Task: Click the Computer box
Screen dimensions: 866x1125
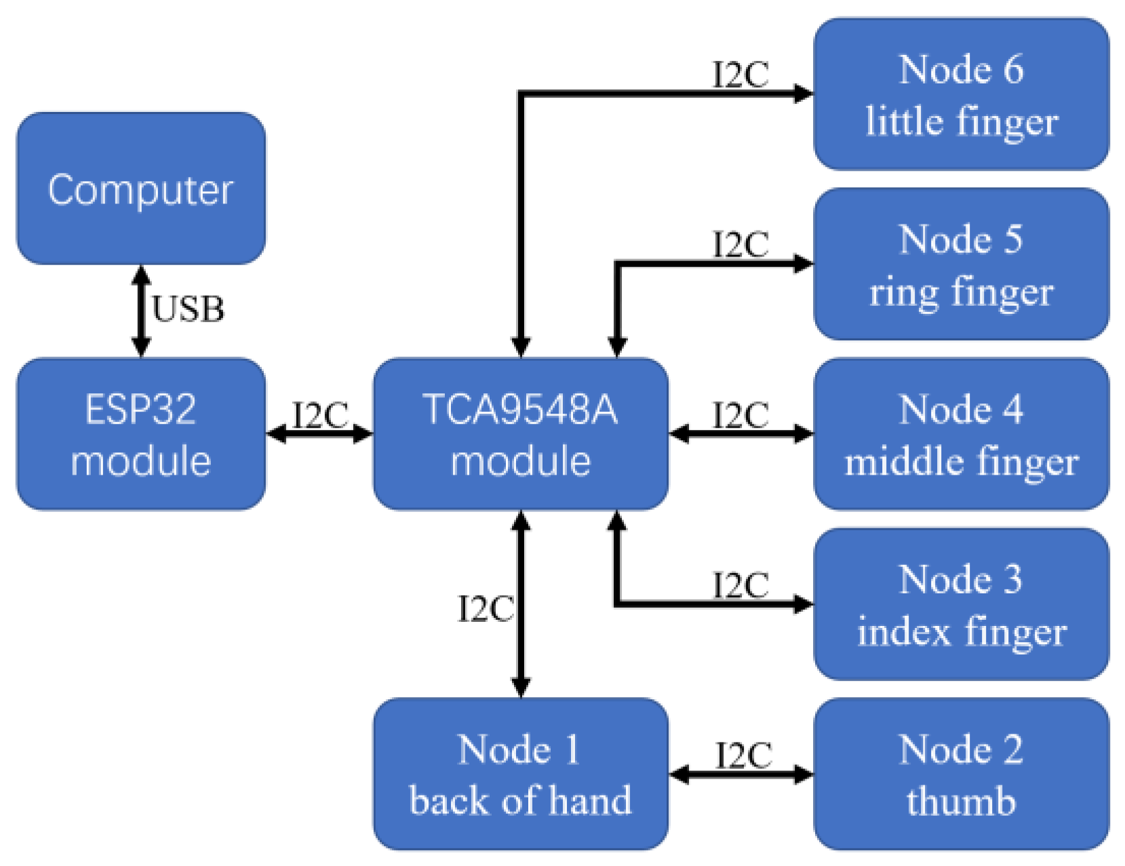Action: [140, 189]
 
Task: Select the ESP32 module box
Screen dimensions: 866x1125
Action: [140, 434]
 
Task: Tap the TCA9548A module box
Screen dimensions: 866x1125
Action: [520, 434]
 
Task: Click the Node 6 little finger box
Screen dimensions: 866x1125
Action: [960, 94]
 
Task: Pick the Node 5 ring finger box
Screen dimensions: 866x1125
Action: [960, 264]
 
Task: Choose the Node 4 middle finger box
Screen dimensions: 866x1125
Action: [960, 434]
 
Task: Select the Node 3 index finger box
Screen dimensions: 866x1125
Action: [960, 604]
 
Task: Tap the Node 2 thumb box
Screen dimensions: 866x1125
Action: [960, 774]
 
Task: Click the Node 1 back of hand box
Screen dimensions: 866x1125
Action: [520, 774]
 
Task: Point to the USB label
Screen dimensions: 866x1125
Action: [188, 309]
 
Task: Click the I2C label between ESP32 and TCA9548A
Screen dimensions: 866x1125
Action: [320, 415]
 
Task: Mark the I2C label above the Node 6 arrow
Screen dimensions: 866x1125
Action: [741, 75]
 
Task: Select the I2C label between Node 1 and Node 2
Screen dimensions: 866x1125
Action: [743, 755]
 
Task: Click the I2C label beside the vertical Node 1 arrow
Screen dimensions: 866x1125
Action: [486, 608]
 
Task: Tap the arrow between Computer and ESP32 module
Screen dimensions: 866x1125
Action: [140, 311]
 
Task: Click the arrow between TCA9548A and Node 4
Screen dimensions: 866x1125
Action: [741, 433]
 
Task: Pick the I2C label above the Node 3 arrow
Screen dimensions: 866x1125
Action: [741, 585]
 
